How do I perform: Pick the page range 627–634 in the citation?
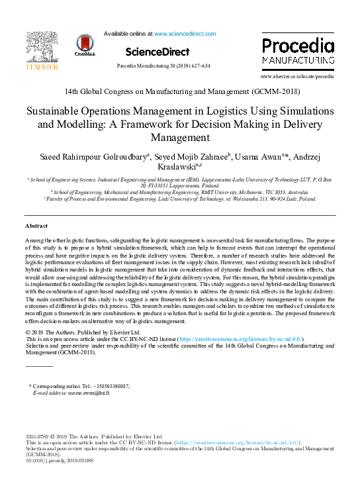click(x=198, y=66)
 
